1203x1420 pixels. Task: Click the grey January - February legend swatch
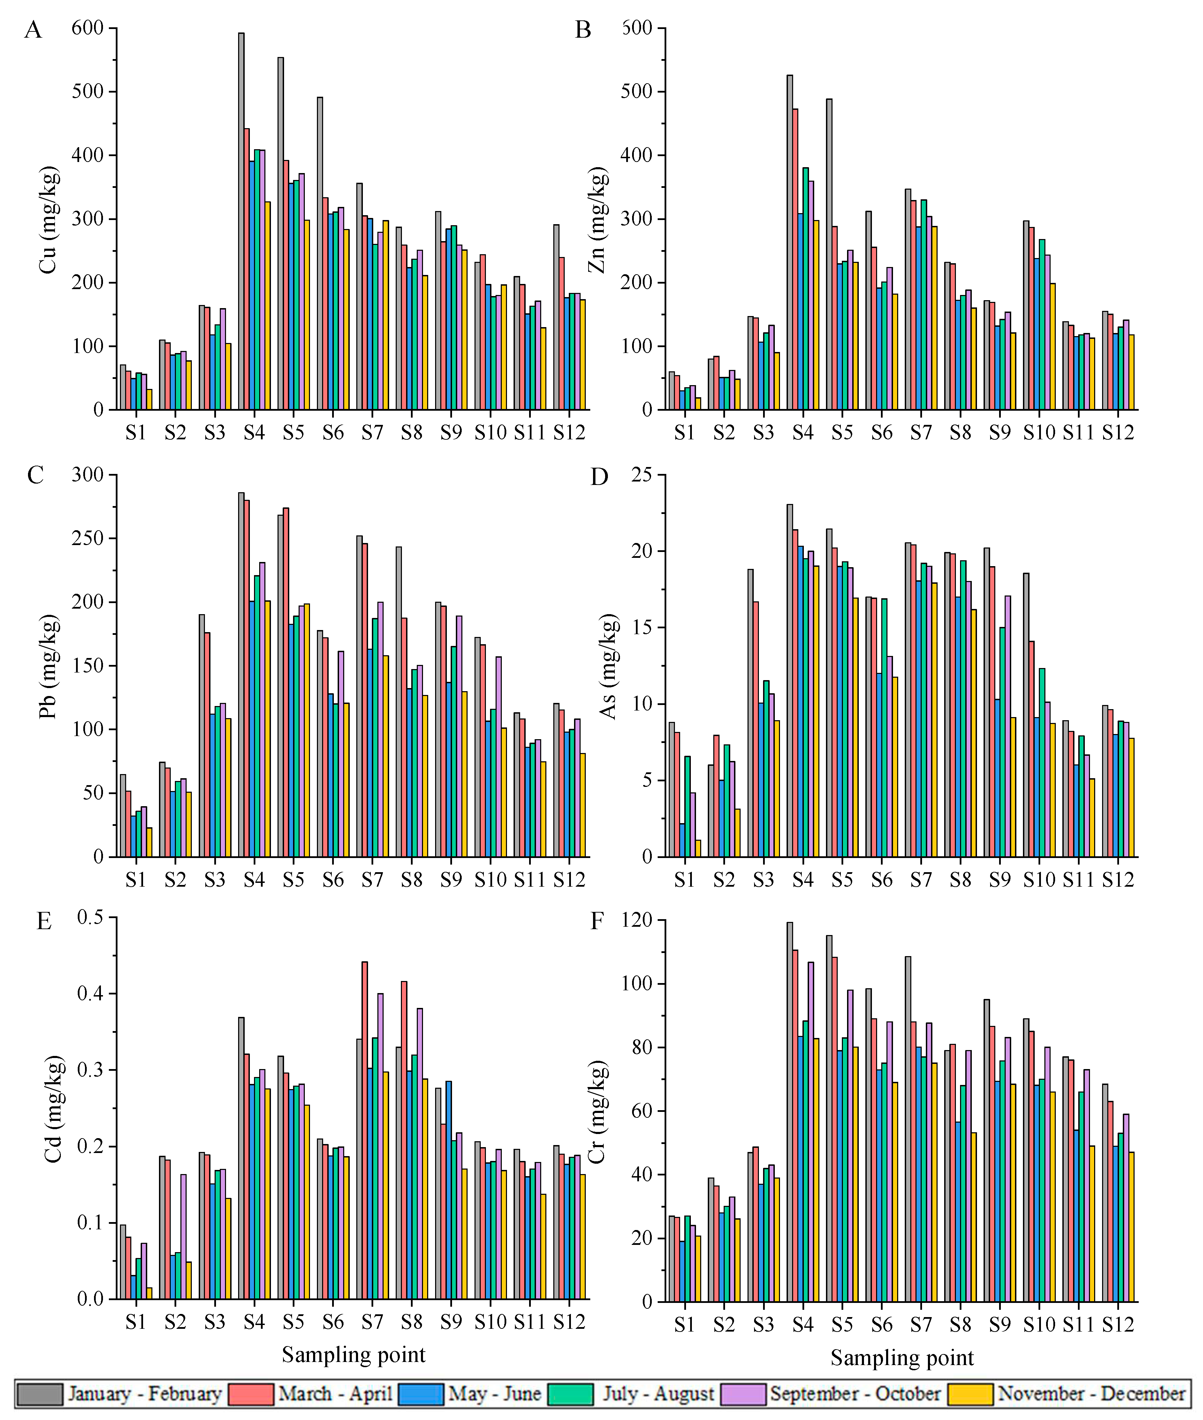tap(39, 1393)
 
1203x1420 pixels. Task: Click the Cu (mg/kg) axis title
tap(48, 219)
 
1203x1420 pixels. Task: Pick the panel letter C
tap(36, 475)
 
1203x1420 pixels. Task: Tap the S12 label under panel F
tap(1118, 1325)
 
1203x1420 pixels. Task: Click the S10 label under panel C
tap(490, 880)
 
